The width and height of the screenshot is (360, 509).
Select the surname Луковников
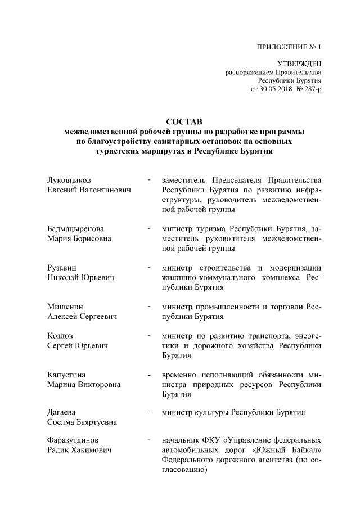[68, 180]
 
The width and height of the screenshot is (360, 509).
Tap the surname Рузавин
[61, 267]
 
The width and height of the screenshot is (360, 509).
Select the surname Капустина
[67, 374]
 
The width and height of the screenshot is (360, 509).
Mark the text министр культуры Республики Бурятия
[233, 412]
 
